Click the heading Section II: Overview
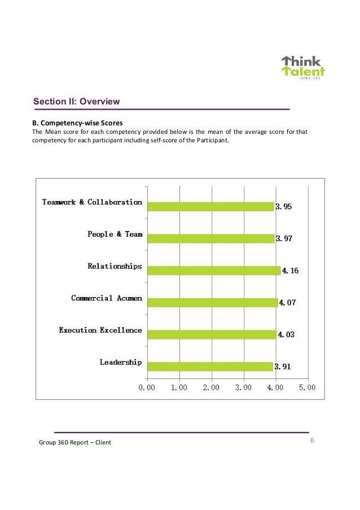coord(76,102)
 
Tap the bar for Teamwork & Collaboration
coord(210,207)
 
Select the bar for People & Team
coord(210,238)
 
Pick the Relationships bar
coord(213,271)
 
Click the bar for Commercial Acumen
coord(212,302)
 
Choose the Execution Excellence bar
coord(212,334)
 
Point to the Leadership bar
coord(209,367)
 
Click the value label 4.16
coord(289,271)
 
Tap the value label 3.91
coord(283,367)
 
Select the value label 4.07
coord(287,303)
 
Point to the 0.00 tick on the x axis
coord(147,388)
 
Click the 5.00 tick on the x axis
coord(307,388)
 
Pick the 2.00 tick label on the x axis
coord(211,388)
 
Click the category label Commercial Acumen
coord(106,298)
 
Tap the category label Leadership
coord(121,362)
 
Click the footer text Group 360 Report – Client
coord(75,442)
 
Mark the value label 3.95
coord(283,207)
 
